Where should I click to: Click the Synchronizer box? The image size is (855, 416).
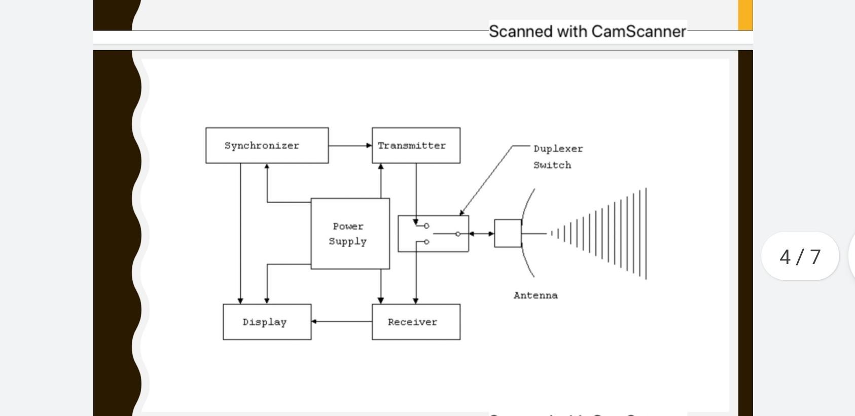coord(267,145)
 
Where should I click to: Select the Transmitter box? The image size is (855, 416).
coord(416,145)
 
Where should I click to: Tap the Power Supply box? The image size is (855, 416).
coord(350,234)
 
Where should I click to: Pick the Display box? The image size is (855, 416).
coord(267,322)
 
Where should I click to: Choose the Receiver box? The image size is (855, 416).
coord(416,322)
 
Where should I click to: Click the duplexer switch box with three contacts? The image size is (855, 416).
coord(433,234)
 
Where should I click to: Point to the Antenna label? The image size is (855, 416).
coord(536,295)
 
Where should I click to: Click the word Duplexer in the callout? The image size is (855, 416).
coord(558,149)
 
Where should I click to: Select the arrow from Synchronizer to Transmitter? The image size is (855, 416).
coord(350,145)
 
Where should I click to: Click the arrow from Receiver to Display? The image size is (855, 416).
coord(341,321)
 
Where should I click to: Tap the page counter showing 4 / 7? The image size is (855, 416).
coord(800,256)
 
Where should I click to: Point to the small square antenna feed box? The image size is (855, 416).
coord(508,234)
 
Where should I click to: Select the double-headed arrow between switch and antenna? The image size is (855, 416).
coord(481,234)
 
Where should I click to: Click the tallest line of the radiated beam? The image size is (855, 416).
coord(646,234)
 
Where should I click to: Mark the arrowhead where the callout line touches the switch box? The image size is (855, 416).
coord(461,213)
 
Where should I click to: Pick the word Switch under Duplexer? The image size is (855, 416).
coord(552,165)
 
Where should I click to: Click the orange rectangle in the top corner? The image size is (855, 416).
coord(745,15)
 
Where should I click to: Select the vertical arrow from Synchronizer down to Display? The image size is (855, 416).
coord(240,233)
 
